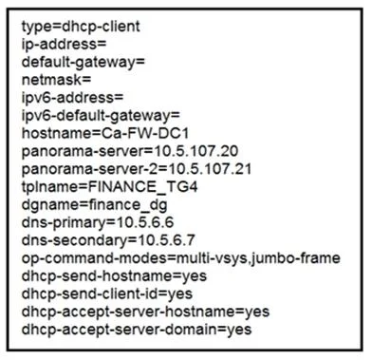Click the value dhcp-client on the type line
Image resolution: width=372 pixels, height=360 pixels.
pyautogui.click(x=102, y=27)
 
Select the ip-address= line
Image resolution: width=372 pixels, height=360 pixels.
pyautogui.click(x=64, y=44)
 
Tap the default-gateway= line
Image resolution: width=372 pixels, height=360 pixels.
pyautogui.click(x=83, y=63)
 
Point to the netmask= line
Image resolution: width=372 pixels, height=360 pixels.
pyautogui.click(x=56, y=80)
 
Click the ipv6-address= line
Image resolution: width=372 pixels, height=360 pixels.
pyautogui.click(x=72, y=98)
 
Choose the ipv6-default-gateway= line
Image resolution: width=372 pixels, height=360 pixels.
pyautogui.click(x=101, y=116)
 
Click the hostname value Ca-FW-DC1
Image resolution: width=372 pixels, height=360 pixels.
pyautogui.click(x=145, y=133)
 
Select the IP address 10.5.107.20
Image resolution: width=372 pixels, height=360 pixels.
pyautogui.click(x=195, y=151)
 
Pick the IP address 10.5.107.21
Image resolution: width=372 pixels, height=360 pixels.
pyautogui.click(x=210, y=169)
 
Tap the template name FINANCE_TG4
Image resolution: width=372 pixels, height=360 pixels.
pyautogui.click(x=142, y=187)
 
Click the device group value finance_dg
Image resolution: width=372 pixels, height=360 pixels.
pyautogui.click(x=128, y=205)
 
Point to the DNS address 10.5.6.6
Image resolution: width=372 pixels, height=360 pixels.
pyautogui.click(x=145, y=222)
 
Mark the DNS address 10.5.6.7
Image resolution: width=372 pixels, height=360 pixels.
pyautogui.click(x=166, y=240)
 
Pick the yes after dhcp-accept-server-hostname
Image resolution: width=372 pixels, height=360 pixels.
pyautogui.click(x=257, y=313)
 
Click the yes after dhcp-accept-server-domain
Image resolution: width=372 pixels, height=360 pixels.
pyautogui.click(x=239, y=330)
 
